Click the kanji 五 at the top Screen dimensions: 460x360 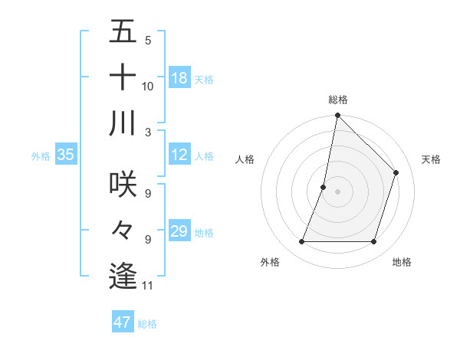(123, 32)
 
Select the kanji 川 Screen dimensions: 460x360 (123, 123)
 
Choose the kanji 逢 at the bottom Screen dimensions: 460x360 (123, 277)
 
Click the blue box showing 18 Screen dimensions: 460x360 (179, 78)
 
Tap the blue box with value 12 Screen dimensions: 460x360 (179, 155)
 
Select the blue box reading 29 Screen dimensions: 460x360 (179, 231)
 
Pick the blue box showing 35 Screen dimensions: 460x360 (66, 155)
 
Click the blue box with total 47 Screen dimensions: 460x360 (123, 322)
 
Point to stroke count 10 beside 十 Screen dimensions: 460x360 (148, 86)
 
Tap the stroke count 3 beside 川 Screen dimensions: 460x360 (148, 132)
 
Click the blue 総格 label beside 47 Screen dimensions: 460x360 (147, 323)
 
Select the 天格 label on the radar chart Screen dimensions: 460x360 (432, 159)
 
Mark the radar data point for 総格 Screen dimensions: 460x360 (337, 116)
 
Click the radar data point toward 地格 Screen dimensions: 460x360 (374, 242)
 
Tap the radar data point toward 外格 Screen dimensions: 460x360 (301, 242)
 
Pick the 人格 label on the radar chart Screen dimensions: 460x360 (245, 159)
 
